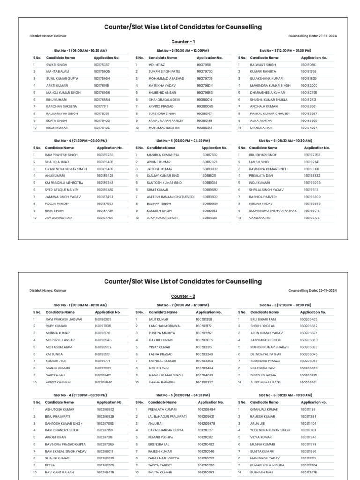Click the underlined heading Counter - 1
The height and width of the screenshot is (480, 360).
point(183,42)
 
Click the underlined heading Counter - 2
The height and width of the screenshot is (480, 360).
point(183,296)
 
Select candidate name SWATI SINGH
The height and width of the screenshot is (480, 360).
point(57,65)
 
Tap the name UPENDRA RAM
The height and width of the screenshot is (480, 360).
point(262,127)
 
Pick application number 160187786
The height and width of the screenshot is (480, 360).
point(105,218)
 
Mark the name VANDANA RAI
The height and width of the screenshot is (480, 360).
point(260,218)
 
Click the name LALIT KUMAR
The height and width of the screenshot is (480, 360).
point(158,319)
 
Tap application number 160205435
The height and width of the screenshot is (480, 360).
point(308,319)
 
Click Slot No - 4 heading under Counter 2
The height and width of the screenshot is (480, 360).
point(80,395)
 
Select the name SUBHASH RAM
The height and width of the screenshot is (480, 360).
point(261,472)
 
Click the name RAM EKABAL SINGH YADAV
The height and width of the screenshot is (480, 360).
point(66,451)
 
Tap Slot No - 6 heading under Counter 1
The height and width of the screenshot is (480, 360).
point(285,140)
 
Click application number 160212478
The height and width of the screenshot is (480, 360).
point(309,472)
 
